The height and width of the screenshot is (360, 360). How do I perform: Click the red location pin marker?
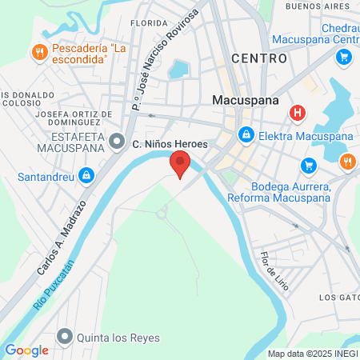181,166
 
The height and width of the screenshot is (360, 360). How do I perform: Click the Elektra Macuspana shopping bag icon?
246,135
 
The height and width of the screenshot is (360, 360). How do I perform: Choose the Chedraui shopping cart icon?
344,57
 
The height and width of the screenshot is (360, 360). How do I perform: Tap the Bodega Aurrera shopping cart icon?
308,165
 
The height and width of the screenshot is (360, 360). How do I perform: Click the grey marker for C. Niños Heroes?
118,143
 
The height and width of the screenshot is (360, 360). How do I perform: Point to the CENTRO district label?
258,58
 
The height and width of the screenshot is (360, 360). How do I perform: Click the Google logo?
26,350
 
